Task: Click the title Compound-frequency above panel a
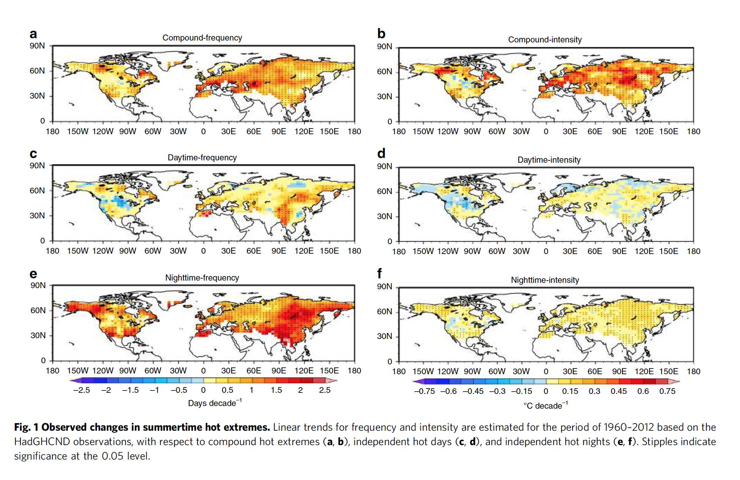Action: point(202,38)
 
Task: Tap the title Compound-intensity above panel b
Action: point(545,40)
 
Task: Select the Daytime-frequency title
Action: point(202,158)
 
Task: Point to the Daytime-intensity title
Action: point(549,160)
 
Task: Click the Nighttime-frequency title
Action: point(202,278)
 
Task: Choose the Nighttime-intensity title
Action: point(545,280)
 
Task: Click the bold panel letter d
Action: point(381,154)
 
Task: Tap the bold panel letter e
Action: point(33,274)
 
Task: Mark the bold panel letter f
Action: point(379,273)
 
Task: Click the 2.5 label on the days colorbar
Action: point(325,390)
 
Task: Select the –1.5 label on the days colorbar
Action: point(130,390)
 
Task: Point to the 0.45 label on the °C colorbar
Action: point(618,391)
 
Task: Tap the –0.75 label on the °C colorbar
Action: point(424,391)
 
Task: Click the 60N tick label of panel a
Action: point(37,71)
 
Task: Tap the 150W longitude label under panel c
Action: point(78,251)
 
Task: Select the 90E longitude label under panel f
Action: point(619,372)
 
